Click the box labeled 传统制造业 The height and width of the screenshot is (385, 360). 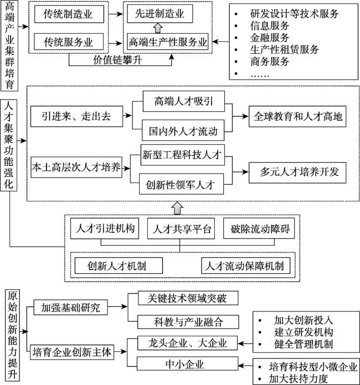(x=69, y=13)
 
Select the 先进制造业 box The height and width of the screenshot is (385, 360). (x=160, y=13)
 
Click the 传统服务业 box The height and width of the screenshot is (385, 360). (x=69, y=41)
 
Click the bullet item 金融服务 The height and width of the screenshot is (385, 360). (x=269, y=38)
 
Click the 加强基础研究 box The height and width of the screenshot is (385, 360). (x=70, y=308)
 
